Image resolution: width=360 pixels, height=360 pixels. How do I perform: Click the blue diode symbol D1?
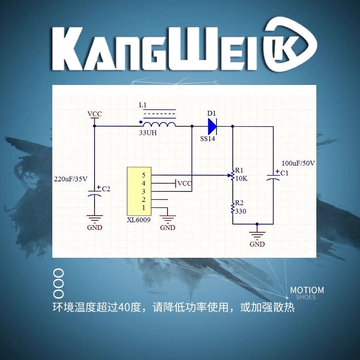[x=212, y=126]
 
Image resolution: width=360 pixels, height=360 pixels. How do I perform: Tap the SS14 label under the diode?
[x=207, y=139]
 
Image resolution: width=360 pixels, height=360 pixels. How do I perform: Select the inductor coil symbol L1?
[x=159, y=124]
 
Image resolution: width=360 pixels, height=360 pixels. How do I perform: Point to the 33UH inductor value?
[x=148, y=132]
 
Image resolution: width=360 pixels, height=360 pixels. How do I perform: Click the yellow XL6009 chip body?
[x=139, y=191]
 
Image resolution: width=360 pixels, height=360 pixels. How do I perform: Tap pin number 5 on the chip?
[x=144, y=175]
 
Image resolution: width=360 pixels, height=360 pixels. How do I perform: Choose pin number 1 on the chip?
[x=144, y=208]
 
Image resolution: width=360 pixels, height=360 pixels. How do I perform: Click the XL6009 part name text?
[x=139, y=220]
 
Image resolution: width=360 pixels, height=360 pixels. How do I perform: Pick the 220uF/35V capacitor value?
[x=71, y=179]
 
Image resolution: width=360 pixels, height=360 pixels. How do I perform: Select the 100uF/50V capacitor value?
[x=298, y=164]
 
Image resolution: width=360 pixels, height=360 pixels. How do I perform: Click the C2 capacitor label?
[x=106, y=189]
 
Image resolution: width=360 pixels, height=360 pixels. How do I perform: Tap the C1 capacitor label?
[x=284, y=173]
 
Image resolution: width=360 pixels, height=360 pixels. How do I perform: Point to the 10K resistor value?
[x=241, y=179]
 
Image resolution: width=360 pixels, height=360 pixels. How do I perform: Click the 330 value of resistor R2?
[x=240, y=211]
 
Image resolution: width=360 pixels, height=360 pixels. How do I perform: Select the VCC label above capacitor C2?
[x=95, y=114]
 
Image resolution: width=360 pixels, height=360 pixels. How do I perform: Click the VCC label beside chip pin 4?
[x=185, y=183]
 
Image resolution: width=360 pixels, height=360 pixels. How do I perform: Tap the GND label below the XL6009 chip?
[x=168, y=228]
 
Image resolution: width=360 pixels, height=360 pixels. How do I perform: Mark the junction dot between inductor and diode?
[x=192, y=126]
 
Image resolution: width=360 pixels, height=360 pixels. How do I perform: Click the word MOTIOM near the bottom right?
[x=307, y=290]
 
